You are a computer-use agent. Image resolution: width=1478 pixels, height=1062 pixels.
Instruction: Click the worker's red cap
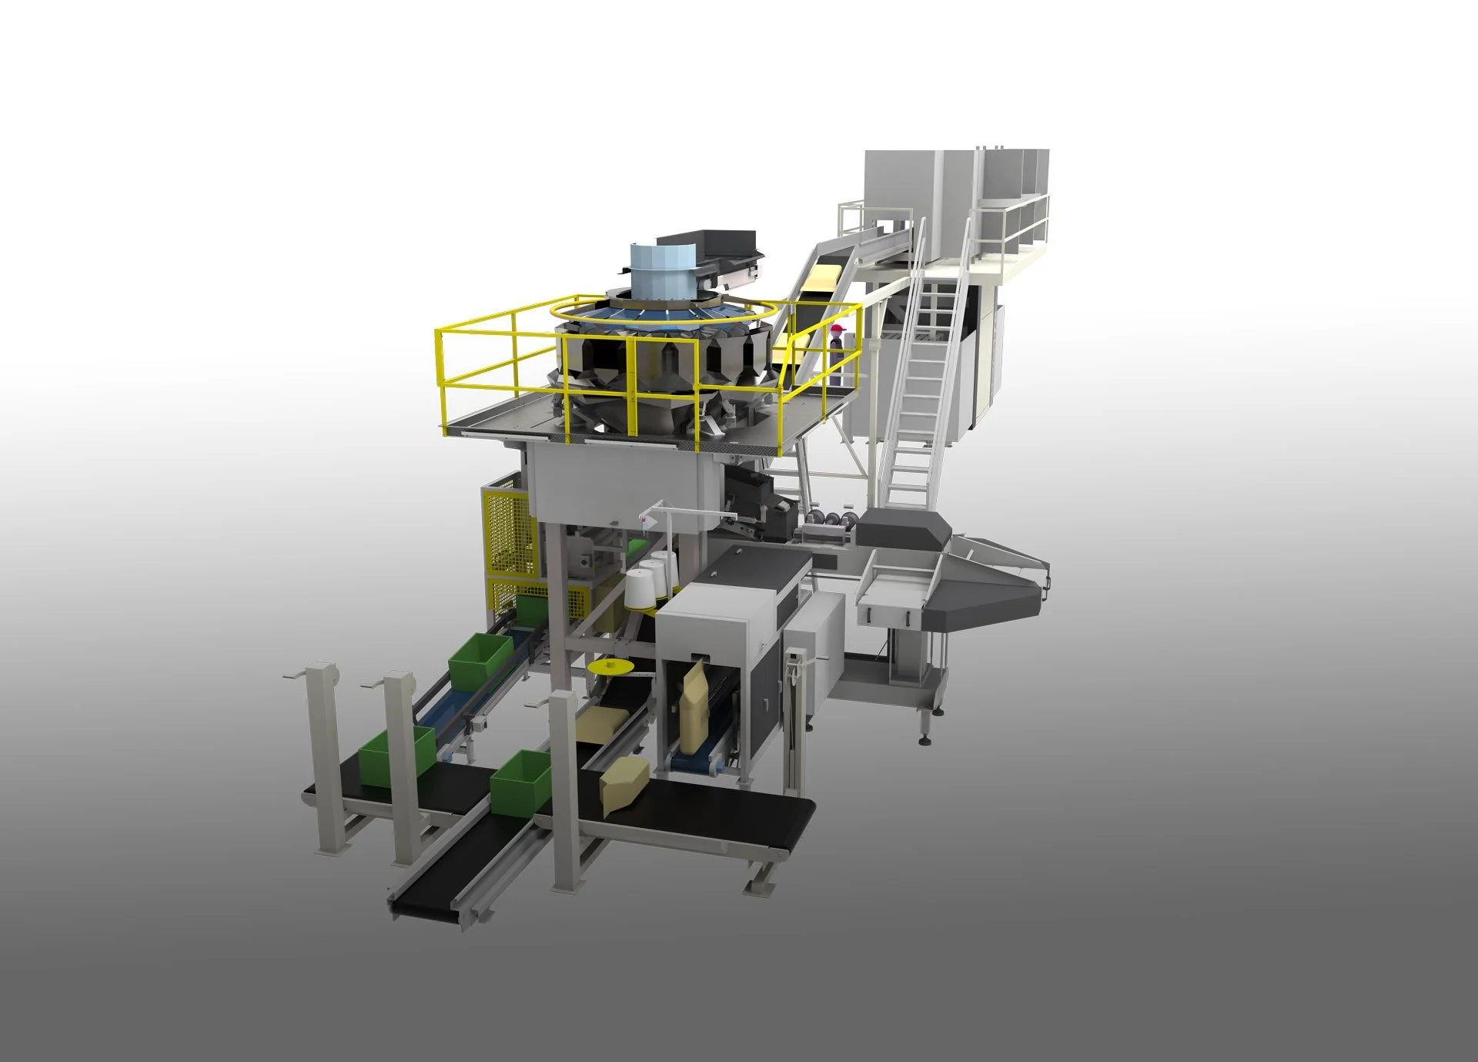click(x=838, y=330)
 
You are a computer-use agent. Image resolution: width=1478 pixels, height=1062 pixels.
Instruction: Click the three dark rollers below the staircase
click(x=831, y=518)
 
